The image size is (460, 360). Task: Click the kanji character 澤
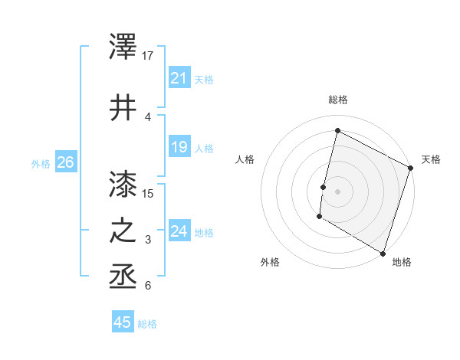pyautogui.click(x=123, y=48)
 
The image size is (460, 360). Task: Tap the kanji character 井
pyautogui.click(x=123, y=107)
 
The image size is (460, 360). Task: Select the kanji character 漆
pyautogui.click(x=123, y=184)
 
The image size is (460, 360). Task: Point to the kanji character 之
pyautogui.click(x=123, y=231)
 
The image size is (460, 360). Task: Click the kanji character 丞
pyautogui.click(x=123, y=277)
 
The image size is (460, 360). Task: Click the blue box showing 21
pyautogui.click(x=179, y=77)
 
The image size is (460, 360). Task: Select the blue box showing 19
pyautogui.click(x=179, y=147)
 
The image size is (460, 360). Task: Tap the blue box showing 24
pyautogui.click(x=179, y=231)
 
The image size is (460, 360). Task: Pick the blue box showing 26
pyautogui.click(x=65, y=162)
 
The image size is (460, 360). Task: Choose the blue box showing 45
pyautogui.click(x=122, y=322)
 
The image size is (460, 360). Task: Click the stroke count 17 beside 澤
pyautogui.click(x=149, y=56)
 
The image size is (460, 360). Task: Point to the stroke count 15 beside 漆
pyautogui.click(x=149, y=193)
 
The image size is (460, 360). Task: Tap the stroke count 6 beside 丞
pyautogui.click(x=148, y=286)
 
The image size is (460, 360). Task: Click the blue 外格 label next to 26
pyautogui.click(x=41, y=163)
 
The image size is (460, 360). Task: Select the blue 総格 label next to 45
pyautogui.click(x=147, y=324)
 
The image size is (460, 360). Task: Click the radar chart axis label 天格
pyautogui.click(x=431, y=159)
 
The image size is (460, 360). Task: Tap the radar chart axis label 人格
pyautogui.click(x=245, y=159)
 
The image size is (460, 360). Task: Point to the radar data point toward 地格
pyautogui.click(x=383, y=253)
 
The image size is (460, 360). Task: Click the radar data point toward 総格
pyautogui.click(x=337, y=131)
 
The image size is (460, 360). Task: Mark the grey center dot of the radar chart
pyautogui.click(x=337, y=191)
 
